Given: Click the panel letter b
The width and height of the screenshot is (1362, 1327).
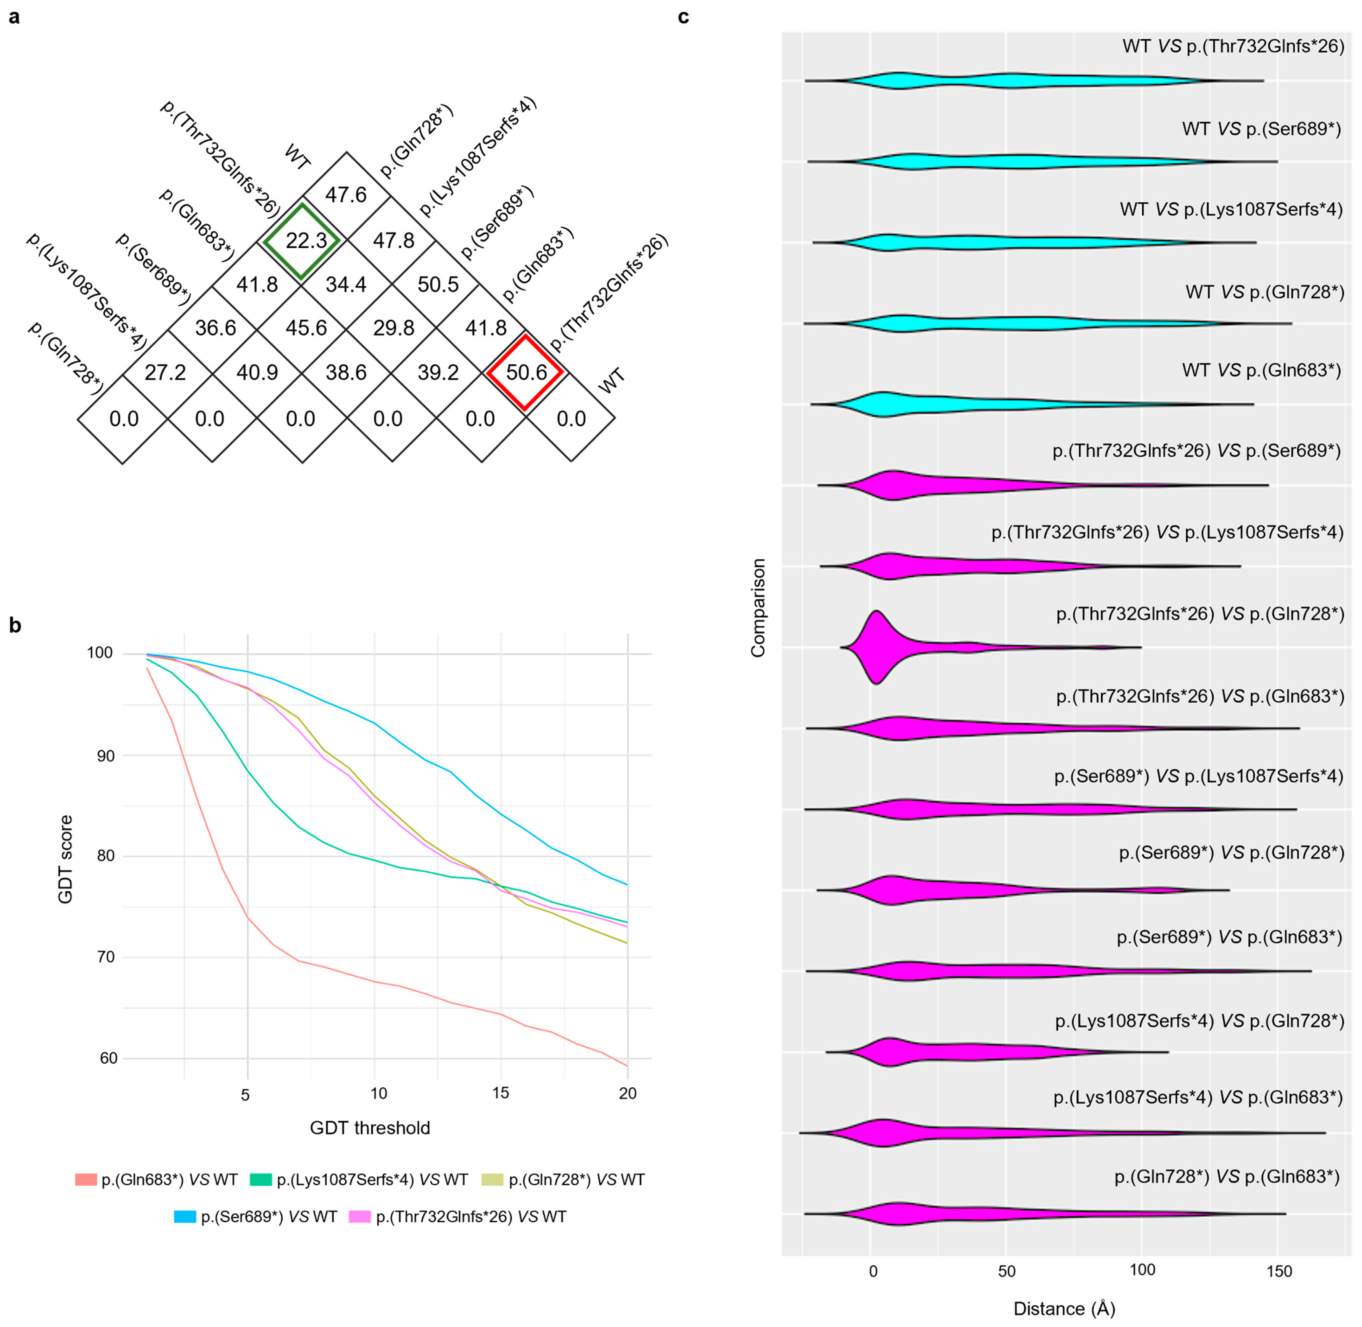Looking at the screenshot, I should pos(15,625).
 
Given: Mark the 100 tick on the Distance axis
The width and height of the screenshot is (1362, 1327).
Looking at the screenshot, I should pos(1142,1270).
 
